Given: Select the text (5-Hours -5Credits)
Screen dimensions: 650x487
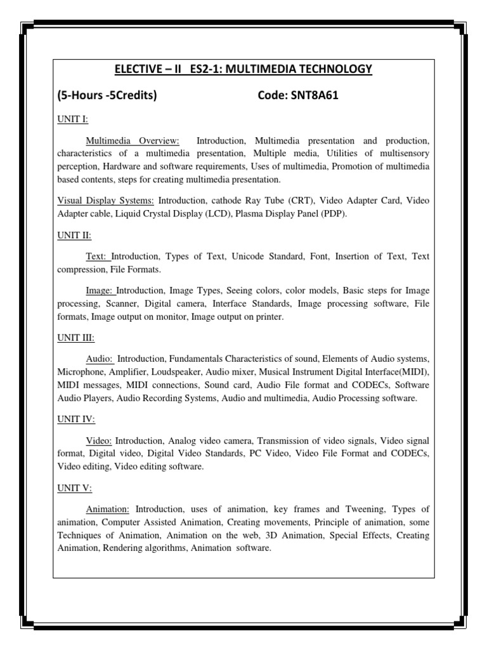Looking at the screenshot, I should click(x=107, y=96).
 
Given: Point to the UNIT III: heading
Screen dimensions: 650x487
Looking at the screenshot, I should click(x=75, y=338).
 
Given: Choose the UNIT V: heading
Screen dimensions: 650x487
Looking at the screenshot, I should click(x=74, y=488).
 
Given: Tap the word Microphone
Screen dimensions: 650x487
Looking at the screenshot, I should click(x=81, y=372).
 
